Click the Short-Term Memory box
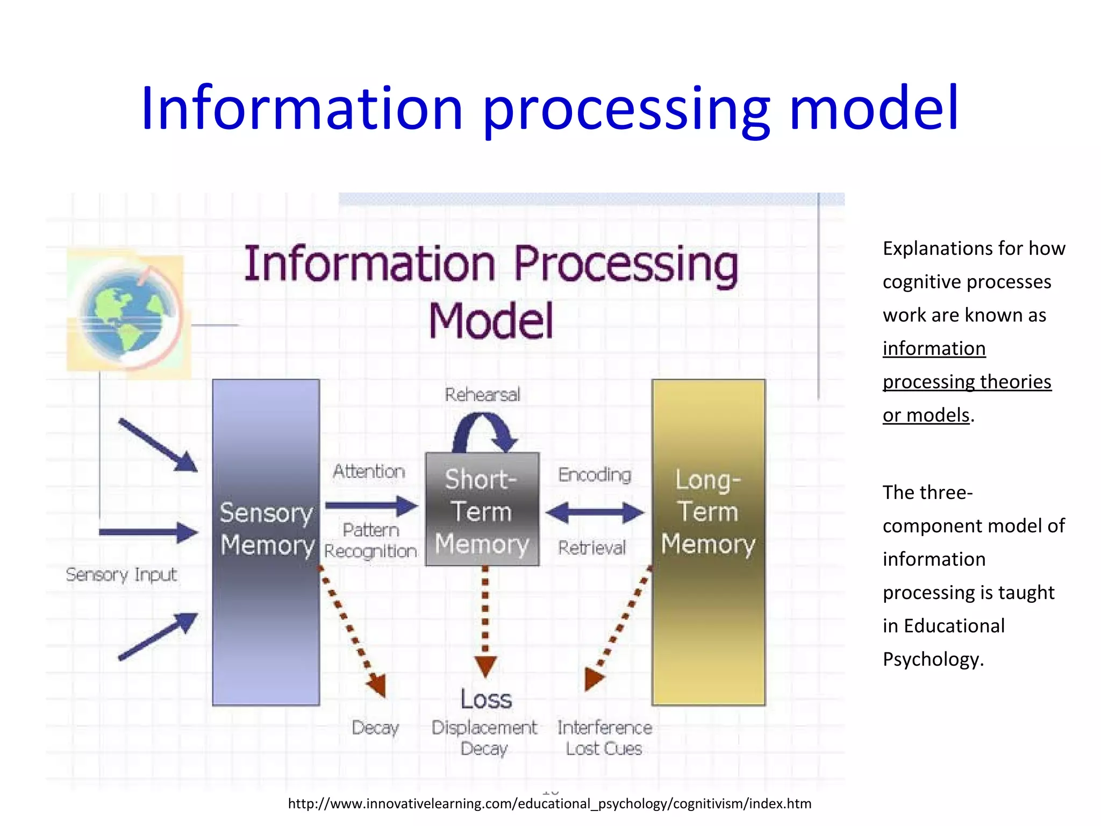pos(482,510)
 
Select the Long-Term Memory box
pos(708,542)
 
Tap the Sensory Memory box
pos(266,542)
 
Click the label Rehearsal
pos(482,395)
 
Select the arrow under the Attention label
pos(371,505)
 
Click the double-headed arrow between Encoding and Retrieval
pos(594,512)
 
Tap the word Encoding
pos(594,475)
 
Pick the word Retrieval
pos(592,548)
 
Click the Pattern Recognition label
pos(371,540)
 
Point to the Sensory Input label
pos(121,575)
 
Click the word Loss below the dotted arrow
pos(486,700)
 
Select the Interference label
pos(604,728)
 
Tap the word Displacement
pos(484,728)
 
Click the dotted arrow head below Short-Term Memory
pos(485,666)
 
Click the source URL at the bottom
pos(549,803)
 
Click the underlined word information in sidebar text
pos(934,348)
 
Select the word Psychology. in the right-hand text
pos(933,659)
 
